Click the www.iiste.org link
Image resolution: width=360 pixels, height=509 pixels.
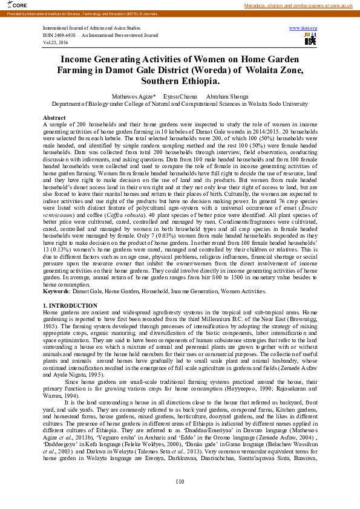tap(303, 28)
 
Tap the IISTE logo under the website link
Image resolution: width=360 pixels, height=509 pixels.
tap(310, 39)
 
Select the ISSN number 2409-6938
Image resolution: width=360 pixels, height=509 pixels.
tap(64, 36)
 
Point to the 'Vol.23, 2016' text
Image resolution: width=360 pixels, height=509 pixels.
tap(56, 43)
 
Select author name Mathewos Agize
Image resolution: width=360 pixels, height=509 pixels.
tap(133, 96)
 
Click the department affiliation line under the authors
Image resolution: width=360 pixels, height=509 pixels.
tap(180, 103)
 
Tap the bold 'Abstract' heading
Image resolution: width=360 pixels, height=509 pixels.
tap(54, 117)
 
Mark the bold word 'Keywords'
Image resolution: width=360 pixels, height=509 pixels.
tap(55, 291)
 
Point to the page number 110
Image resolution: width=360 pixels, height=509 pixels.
tap(180, 481)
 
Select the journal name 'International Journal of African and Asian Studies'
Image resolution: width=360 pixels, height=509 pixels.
tap(92, 28)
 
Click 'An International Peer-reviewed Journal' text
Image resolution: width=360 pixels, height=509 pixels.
tap(119, 36)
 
